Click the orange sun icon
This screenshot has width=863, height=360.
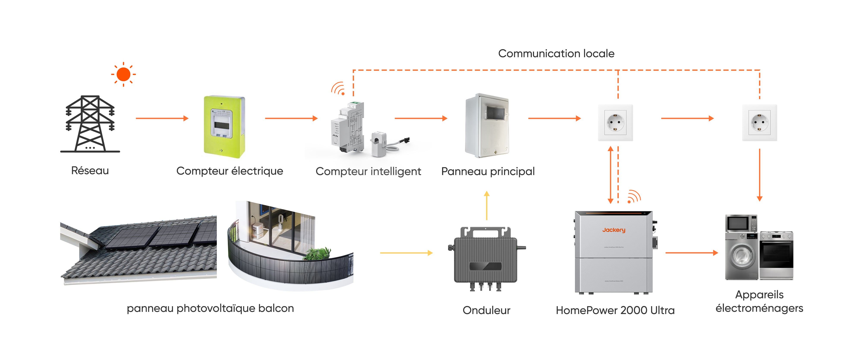[x=123, y=74]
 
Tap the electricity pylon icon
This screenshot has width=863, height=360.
[x=90, y=124]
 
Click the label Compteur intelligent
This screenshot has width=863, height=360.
[x=368, y=171]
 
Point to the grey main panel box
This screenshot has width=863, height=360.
[x=487, y=126]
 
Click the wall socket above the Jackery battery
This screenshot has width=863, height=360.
[x=615, y=123]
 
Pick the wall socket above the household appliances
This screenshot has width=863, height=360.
[x=759, y=123]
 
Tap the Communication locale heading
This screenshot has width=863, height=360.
[x=556, y=54]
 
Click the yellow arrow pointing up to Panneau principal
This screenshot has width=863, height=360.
[x=487, y=205]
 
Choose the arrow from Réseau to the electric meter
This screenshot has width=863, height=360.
[x=162, y=118]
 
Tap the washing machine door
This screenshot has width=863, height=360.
[x=741, y=256]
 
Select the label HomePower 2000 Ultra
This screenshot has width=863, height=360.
[x=615, y=310]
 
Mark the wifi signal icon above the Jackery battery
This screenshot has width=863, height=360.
[x=633, y=197]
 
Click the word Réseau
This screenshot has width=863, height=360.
[x=90, y=171]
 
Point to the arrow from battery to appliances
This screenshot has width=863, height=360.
[x=691, y=253]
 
